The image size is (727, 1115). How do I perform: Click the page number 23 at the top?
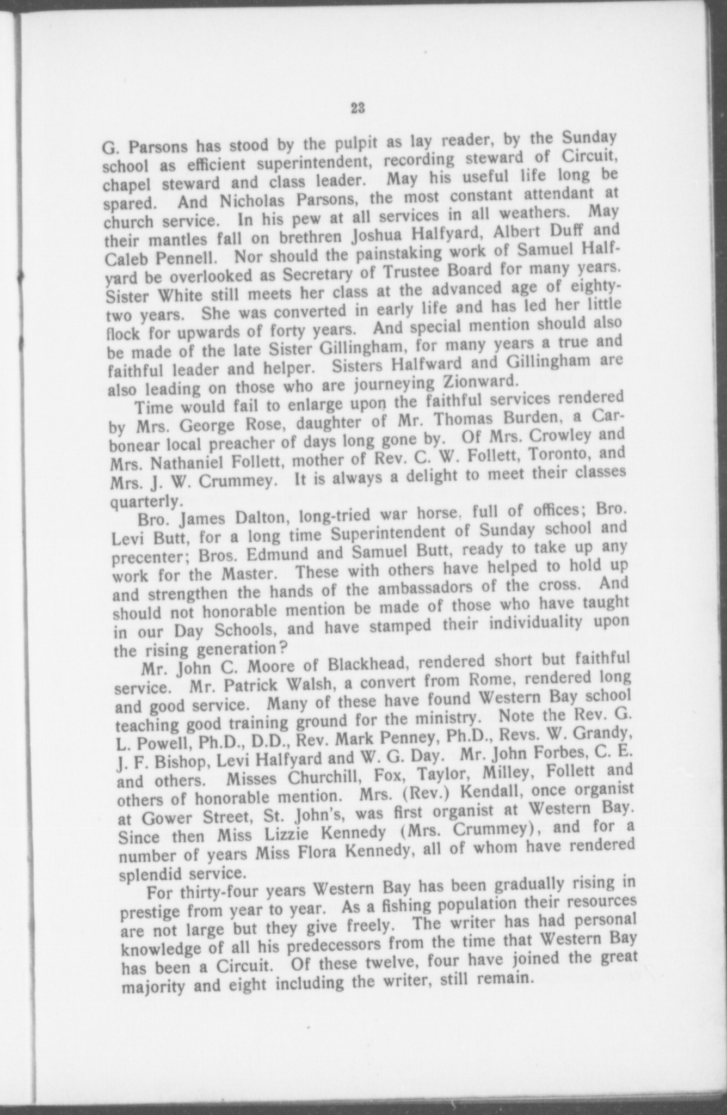pos(357,107)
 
